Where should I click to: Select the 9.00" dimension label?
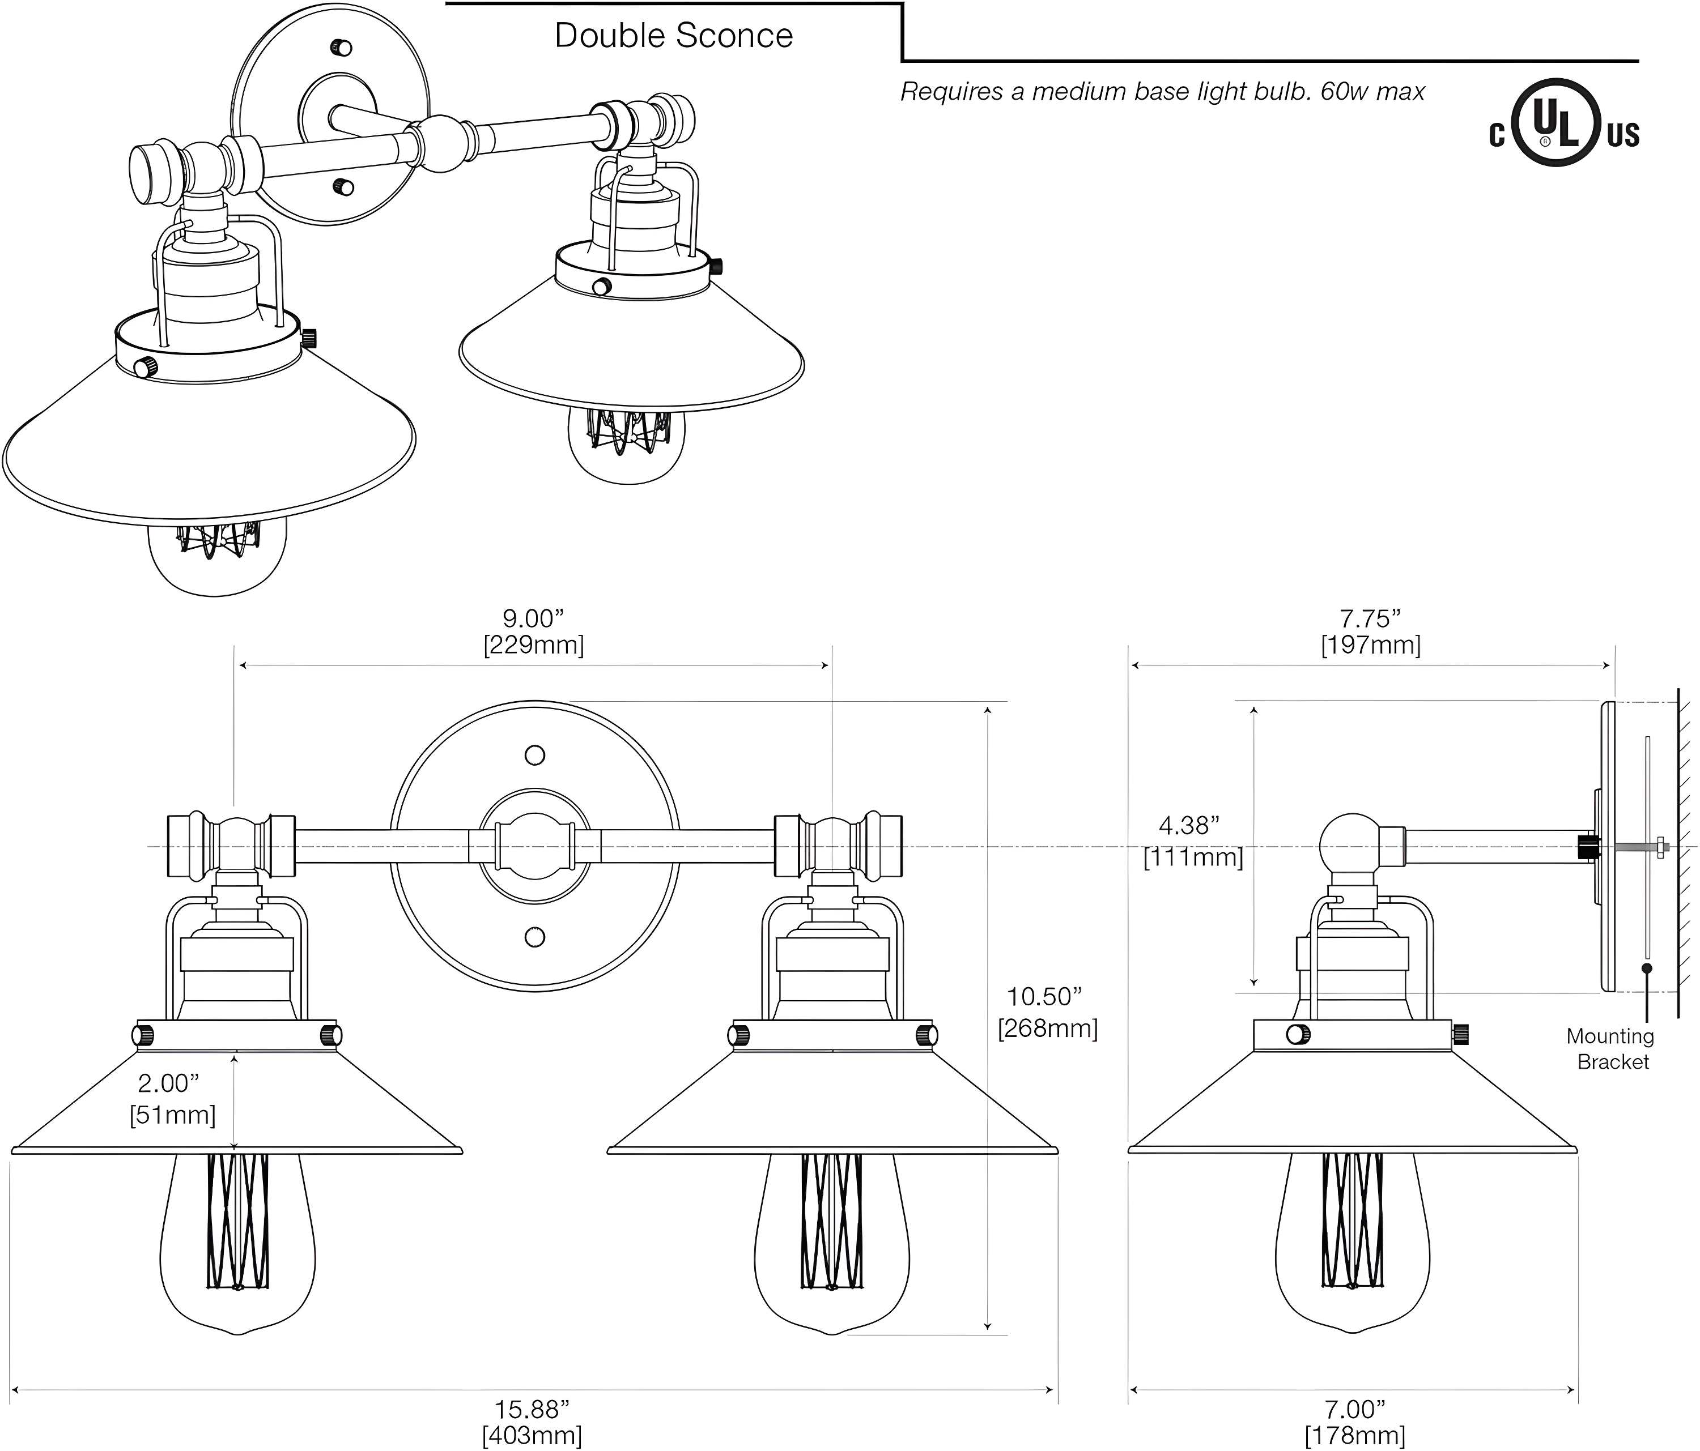(533, 618)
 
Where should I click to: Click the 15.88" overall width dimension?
(532, 1409)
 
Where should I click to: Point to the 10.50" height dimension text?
(1044, 997)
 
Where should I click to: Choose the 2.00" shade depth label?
(168, 1083)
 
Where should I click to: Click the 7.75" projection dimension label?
(1370, 618)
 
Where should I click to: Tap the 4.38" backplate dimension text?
(1189, 825)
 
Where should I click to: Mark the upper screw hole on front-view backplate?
(535, 754)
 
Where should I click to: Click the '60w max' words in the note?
(1372, 92)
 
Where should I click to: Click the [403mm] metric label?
(532, 1435)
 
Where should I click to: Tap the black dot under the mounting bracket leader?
(1646, 968)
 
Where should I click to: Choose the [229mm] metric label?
(533, 645)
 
